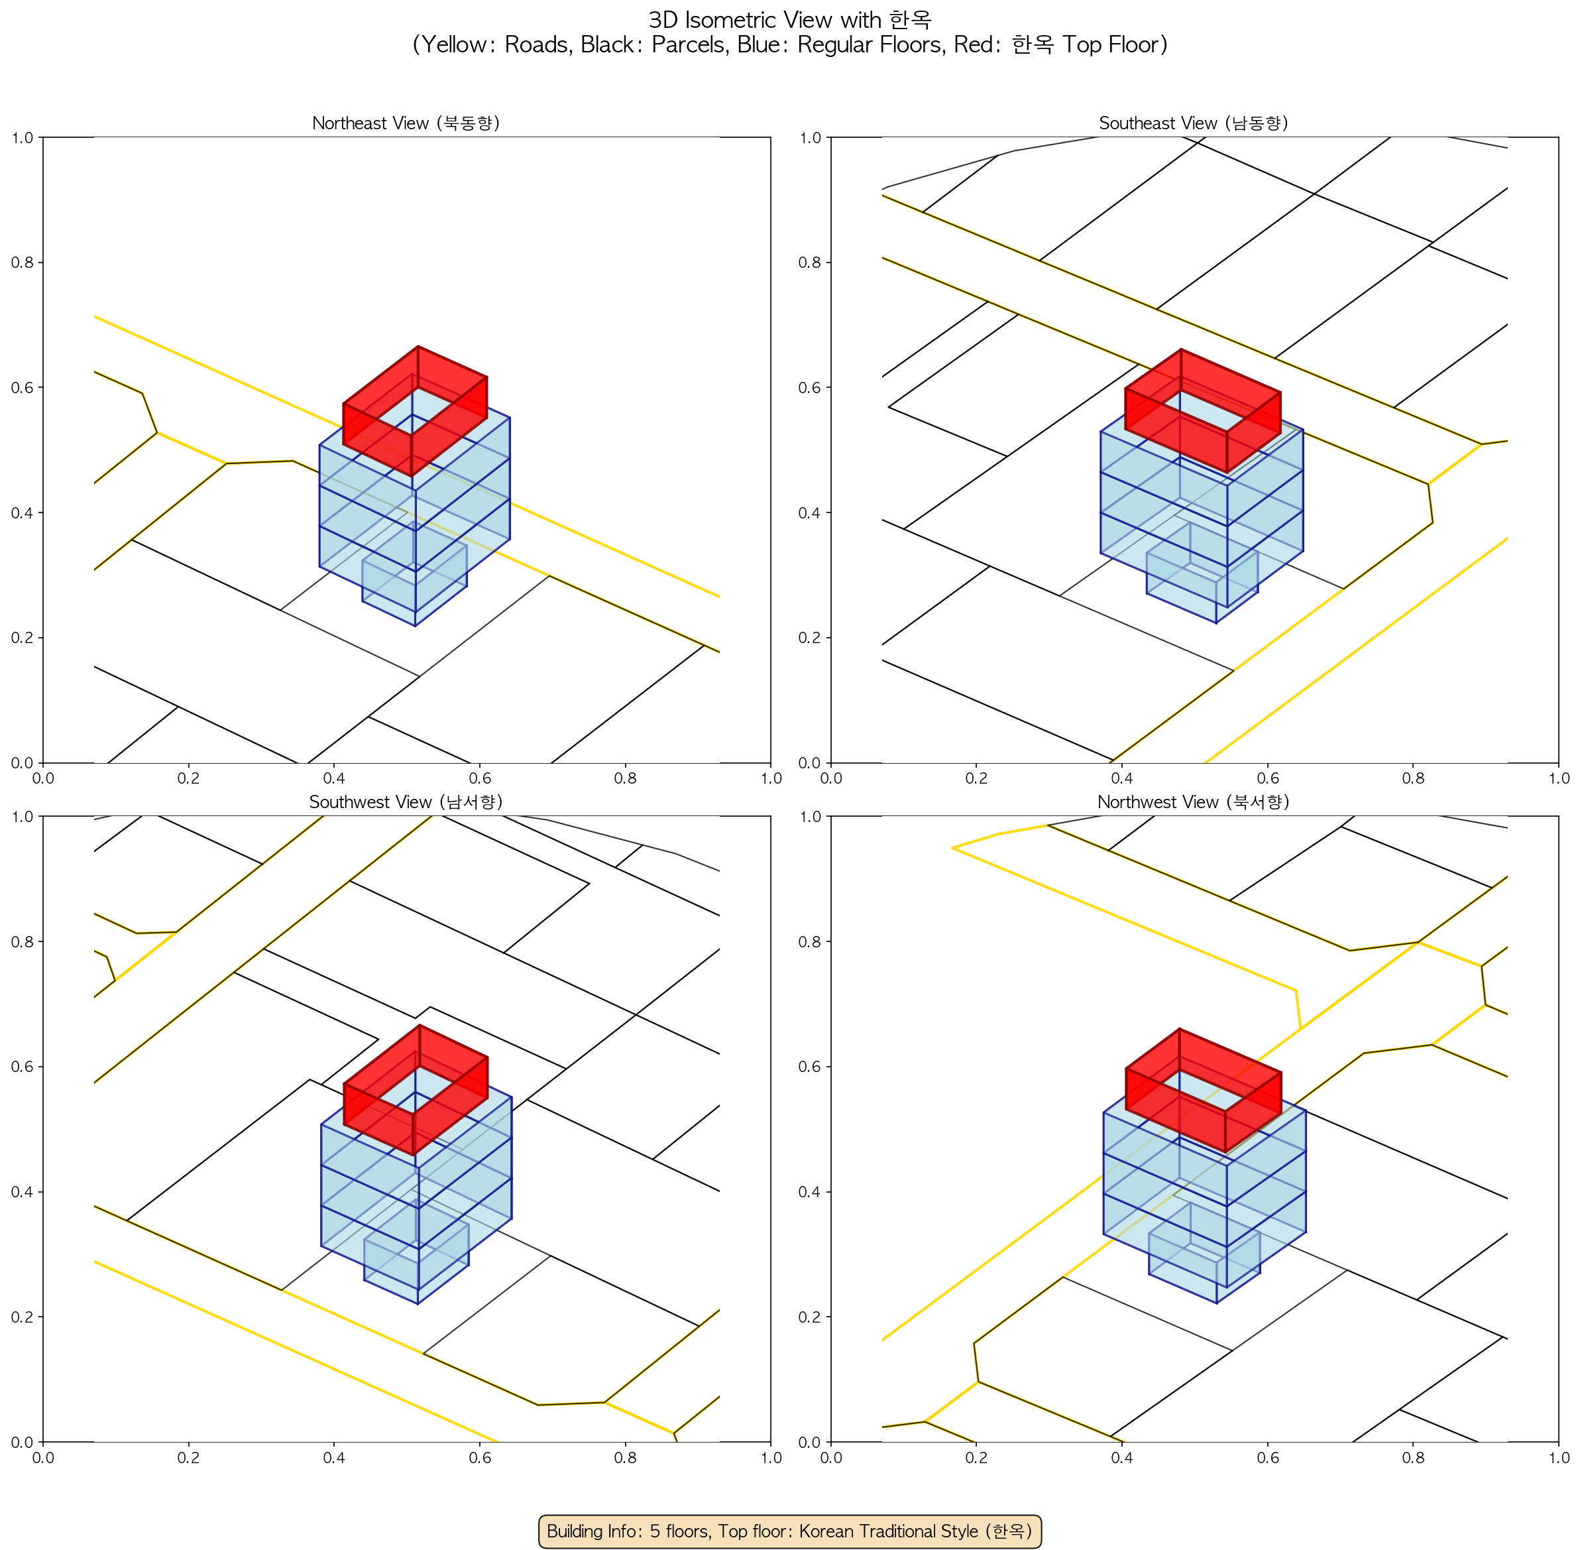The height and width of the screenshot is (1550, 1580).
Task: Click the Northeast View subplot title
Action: pyautogui.click(x=406, y=123)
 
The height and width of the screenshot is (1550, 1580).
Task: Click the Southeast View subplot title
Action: pyautogui.click(x=1194, y=123)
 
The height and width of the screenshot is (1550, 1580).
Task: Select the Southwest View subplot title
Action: pyautogui.click(x=406, y=802)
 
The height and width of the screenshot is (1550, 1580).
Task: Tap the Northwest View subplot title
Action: pyautogui.click(x=1194, y=802)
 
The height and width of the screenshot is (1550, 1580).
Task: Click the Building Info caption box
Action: pyautogui.click(x=789, y=1531)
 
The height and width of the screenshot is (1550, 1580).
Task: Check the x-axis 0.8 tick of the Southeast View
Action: pyautogui.click(x=1413, y=778)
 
